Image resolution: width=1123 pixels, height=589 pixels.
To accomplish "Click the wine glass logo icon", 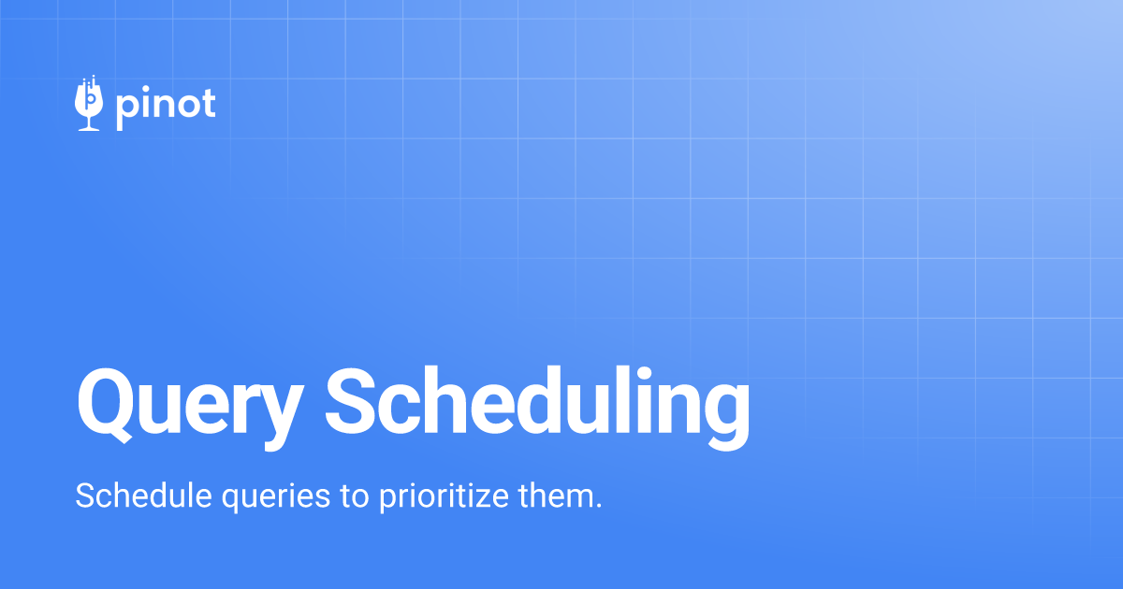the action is pyautogui.click(x=89, y=103).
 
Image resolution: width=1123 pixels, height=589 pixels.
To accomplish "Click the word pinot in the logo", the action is pyautogui.click(x=166, y=107).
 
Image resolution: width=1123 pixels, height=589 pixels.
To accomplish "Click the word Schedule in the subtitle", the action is pyautogui.click(x=143, y=496).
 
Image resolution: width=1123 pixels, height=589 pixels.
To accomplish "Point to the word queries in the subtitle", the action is pyautogui.click(x=276, y=497).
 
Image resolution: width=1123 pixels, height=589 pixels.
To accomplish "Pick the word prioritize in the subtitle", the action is pyautogui.click(x=445, y=497).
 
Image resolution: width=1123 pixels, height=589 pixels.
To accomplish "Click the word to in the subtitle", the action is pyautogui.click(x=355, y=496).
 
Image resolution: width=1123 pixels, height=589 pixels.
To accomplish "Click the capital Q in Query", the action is pyautogui.click(x=104, y=406).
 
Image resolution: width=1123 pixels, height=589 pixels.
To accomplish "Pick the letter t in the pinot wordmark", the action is pyautogui.click(x=210, y=104).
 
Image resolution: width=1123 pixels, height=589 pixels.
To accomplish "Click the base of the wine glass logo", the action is pyautogui.click(x=89, y=129).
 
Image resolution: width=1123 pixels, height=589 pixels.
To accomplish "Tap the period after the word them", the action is pyautogui.click(x=597, y=507).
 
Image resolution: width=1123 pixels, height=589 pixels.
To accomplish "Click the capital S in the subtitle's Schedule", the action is pyautogui.click(x=86, y=496).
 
